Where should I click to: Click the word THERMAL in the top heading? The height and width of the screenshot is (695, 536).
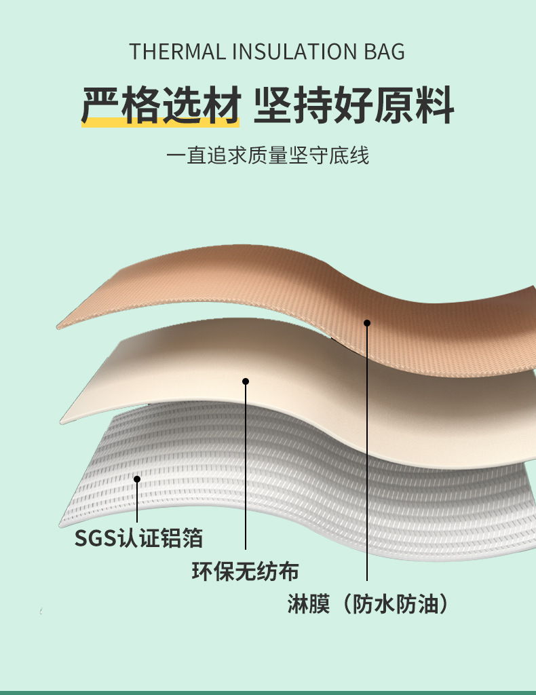click(x=174, y=52)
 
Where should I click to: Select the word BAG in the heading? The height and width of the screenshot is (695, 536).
click(x=383, y=52)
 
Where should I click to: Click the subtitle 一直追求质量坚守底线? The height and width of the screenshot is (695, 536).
click(x=268, y=156)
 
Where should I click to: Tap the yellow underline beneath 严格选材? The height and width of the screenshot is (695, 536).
click(x=160, y=122)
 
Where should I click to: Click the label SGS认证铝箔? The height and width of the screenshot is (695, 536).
click(x=138, y=538)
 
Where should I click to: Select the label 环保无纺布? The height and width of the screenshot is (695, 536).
click(x=245, y=571)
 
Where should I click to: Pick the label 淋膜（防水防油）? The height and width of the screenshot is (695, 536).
click(x=367, y=603)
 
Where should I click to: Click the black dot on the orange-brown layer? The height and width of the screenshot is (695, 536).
click(x=367, y=323)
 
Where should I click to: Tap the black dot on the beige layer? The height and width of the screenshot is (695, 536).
click(x=246, y=381)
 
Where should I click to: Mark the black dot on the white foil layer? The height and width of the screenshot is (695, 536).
click(x=137, y=479)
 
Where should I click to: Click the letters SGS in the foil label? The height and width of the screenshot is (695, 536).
click(x=96, y=538)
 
